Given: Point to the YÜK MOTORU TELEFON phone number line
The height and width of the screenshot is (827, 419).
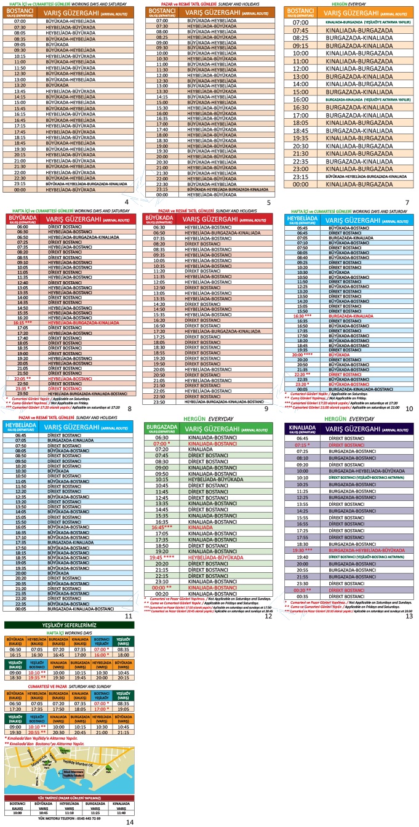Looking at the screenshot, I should [x=69, y=818].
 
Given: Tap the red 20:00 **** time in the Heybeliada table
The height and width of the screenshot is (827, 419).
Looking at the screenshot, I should [x=302, y=355].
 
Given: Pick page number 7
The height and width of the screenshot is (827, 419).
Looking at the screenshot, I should [x=407, y=202].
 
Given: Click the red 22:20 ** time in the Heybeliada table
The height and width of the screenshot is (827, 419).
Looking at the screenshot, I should [x=302, y=374].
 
